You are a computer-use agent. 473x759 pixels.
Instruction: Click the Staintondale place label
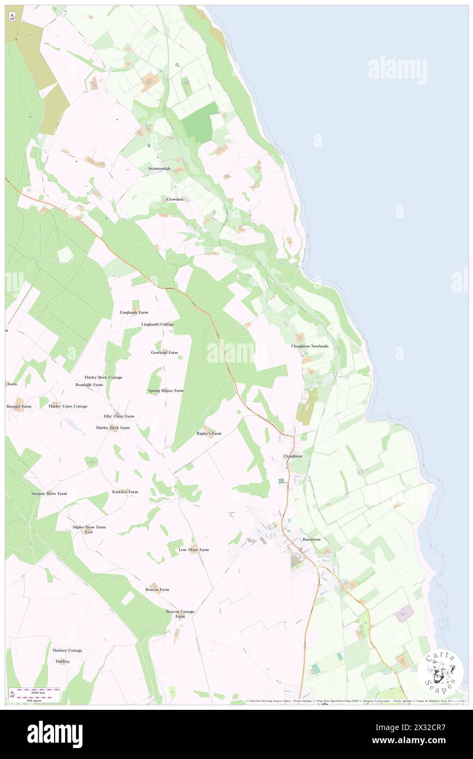pyautogui.click(x=159, y=169)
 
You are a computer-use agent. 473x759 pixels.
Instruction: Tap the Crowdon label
pyautogui.click(x=175, y=199)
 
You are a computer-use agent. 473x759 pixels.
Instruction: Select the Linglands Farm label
pyautogui.click(x=134, y=312)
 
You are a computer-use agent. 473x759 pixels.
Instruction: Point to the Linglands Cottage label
pyautogui.click(x=157, y=324)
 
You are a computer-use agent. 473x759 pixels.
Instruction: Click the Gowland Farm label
pyautogui.click(x=164, y=353)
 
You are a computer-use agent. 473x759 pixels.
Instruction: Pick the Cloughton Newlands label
pyautogui.click(x=310, y=347)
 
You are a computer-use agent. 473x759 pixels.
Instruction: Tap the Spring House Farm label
pyautogui.click(x=165, y=391)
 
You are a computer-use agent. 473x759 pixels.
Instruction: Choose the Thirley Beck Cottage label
pyautogui.click(x=103, y=377)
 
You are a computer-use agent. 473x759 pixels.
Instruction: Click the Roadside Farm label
pyautogui.click(x=89, y=384)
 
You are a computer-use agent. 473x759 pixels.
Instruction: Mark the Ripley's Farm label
pyautogui.click(x=209, y=434)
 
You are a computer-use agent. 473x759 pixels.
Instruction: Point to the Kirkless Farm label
pyautogui.click(x=125, y=492)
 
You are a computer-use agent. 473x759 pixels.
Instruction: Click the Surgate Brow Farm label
pyautogui.click(x=49, y=494)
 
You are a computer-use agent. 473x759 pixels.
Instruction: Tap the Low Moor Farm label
pyautogui.click(x=193, y=549)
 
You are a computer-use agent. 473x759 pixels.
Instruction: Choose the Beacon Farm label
pyautogui.click(x=157, y=590)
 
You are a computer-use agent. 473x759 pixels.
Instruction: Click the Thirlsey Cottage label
pyautogui.click(x=67, y=650)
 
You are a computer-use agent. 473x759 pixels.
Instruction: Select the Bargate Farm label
pyautogui.click(x=19, y=407)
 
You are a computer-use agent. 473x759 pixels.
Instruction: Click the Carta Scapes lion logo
pyautogui.click(x=440, y=671)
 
